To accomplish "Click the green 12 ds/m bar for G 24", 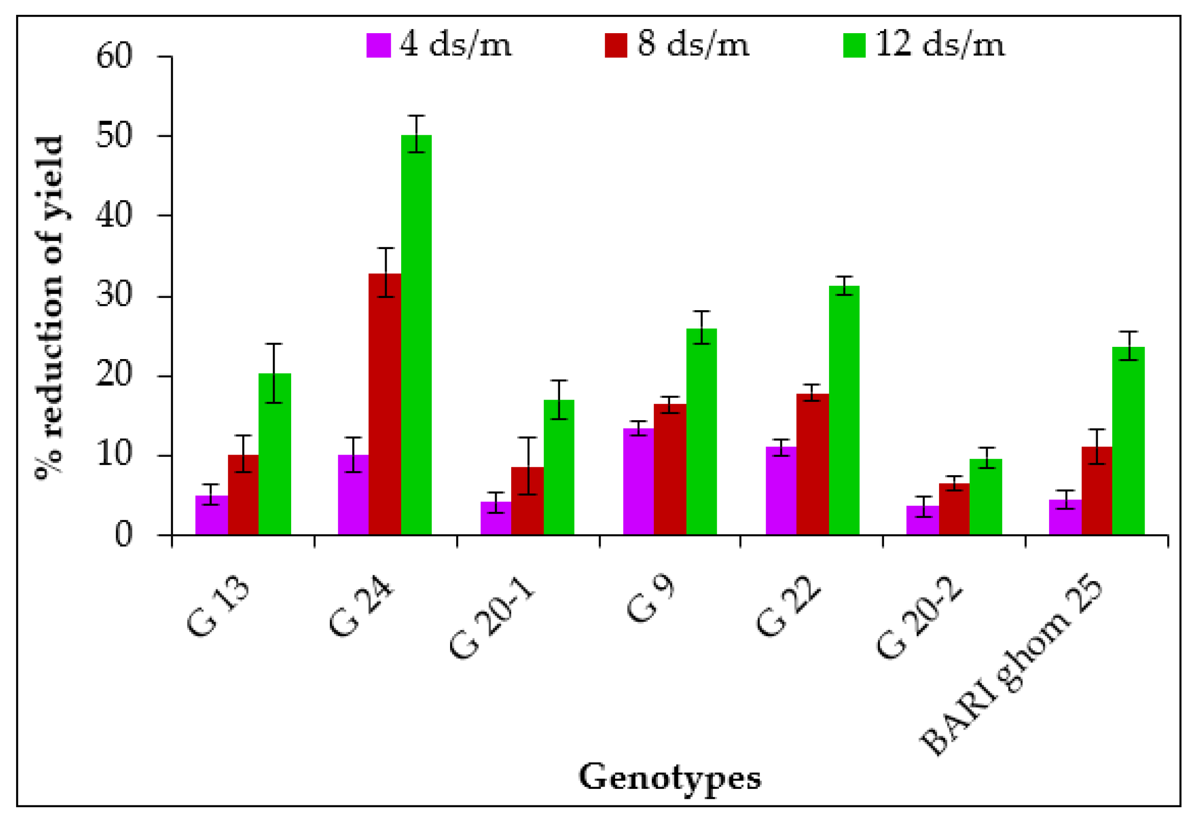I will [416, 335].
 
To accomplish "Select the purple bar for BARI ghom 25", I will [1065, 517].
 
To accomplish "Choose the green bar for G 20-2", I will [986, 497].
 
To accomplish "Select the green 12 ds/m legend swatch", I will [854, 45].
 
